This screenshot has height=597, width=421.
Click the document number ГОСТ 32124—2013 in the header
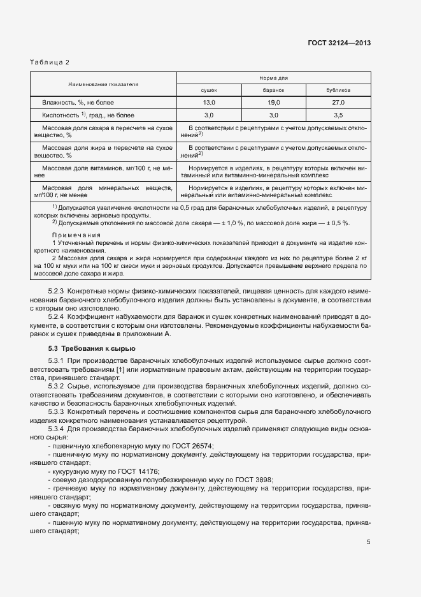point(339,43)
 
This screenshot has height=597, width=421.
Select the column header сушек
point(209,90)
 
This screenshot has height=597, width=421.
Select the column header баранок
point(273,90)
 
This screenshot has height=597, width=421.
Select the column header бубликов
point(338,90)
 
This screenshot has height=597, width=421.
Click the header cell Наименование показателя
point(104,84)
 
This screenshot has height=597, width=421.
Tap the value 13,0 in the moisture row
point(209,102)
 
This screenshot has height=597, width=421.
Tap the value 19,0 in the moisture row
point(274,102)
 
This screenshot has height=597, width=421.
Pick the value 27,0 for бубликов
point(338,102)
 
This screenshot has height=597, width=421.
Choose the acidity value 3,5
point(338,115)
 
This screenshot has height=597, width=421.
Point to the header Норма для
point(273,78)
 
